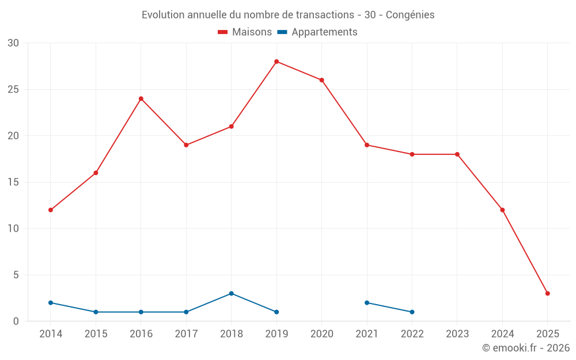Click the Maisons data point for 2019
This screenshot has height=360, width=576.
pyautogui.click(x=276, y=62)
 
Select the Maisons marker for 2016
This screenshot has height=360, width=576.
pyautogui.click(x=141, y=98)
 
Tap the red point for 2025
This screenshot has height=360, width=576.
pyautogui.click(x=547, y=293)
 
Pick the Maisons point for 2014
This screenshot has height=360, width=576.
pyautogui.click(x=51, y=210)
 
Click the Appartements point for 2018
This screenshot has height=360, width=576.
pyautogui.click(x=231, y=293)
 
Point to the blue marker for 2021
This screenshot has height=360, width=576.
pyautogui.click(x=367, y=302)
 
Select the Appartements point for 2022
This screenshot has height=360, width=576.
pyautogui.click(x=412, y=312)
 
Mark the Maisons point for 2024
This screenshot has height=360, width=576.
pyautogui.click(x=502, y=210)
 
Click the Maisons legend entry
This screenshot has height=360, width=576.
pyautogui.click(x=245, y=32)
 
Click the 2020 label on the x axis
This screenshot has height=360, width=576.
pyautogui.click(x=321, y=334)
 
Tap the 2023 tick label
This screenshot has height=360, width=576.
pyautogui.click(x=457, y=334)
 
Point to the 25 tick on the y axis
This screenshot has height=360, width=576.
pyautogui.click(x=13, y=89)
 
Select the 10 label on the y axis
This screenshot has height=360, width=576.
pyautogui.click(x=13, y=229)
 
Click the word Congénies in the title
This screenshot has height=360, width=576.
pyautogui.click(x=410, y=14)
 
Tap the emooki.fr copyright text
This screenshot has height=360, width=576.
pyautogui.click(x=526, y=348)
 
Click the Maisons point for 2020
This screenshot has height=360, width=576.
pyautogui.click(x=321, y=80)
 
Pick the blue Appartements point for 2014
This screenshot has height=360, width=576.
pyautogui.click(x=51, y=302)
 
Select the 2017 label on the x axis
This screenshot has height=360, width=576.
pyautogui.click(x=186, y=334)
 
